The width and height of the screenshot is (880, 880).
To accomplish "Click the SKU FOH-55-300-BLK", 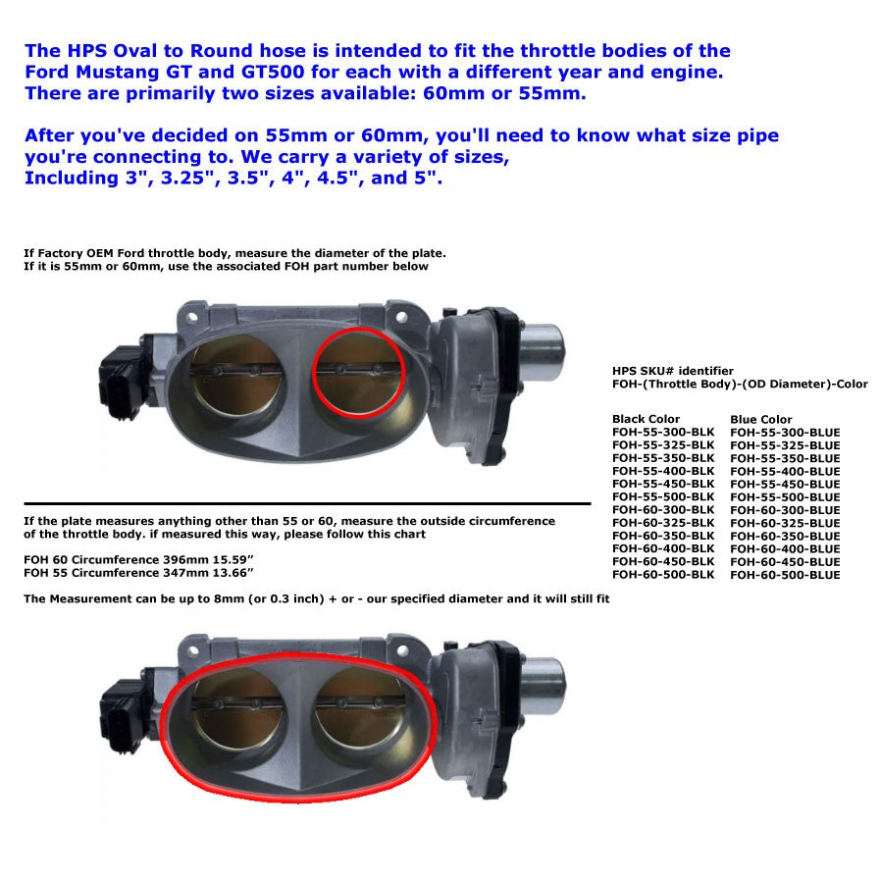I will click(x=663, y=432).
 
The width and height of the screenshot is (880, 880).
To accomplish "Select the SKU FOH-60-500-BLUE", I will click(x=785, y=574).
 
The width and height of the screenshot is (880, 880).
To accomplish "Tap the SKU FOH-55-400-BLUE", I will click(x=785, y=471).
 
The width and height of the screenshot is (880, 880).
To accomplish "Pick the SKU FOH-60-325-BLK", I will click(x=663, y=523).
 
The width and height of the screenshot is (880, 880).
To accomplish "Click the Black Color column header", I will click(x=646, y=419).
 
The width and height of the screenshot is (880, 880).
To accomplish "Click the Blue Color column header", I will click(x=760, y=419).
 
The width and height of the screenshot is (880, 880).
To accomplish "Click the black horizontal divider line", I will click(x=306, y=503).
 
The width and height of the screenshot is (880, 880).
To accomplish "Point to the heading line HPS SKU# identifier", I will click(x=672, y=371).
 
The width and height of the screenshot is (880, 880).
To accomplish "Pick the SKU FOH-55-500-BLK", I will click(x=663, y=496).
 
